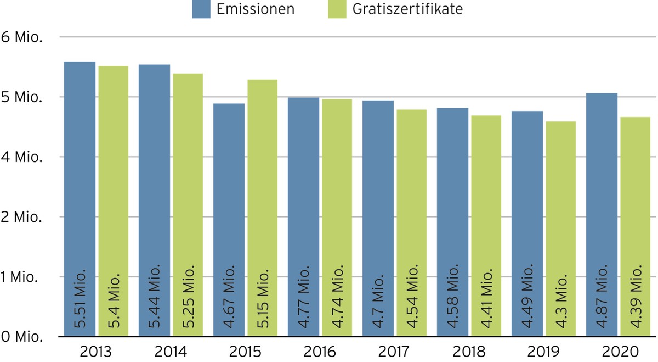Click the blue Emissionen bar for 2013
coord(80,199)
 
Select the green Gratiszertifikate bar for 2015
coord(262,208)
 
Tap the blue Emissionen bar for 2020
coord(602,215)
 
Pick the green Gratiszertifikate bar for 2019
coord(561,229)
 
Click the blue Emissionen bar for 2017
coord(378,219)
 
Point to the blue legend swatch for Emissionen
coord(201,9)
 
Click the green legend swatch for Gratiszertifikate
coord(337,9)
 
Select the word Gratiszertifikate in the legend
coord(407,9)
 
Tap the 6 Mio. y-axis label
coord(22,37)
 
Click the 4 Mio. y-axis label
coord(22,157)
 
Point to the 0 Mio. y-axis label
coord(22,337)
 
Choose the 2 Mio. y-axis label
coord(21,217)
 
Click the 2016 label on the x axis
coord(320,352)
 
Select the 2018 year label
coord(469,352)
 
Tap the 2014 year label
coord(171,352)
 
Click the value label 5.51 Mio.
coord(80,298)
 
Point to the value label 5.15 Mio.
coord(263,298)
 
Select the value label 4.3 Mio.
coord(561,301)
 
